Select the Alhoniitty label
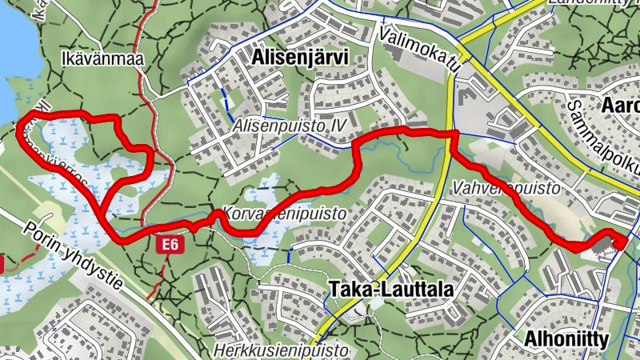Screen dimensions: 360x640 coord(566,338)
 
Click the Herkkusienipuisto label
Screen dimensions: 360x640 coord(282,350)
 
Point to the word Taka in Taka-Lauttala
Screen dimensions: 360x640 coord(349,289)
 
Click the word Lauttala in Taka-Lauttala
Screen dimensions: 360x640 coord(407,289)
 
